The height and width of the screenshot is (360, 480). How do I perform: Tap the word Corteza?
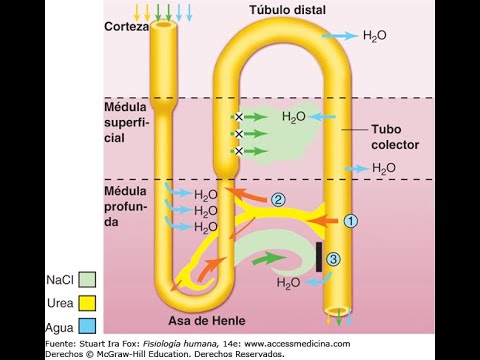(x=126, y=27)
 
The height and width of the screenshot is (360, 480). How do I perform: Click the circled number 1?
(x=349, y=219)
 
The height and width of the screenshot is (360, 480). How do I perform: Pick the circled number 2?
(x=278, y=199)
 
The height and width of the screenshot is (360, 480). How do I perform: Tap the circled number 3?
(x=334, y=259)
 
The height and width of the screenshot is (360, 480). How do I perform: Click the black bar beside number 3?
(x=319, y=257)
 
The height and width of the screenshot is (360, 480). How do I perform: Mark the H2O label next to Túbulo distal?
(x=375, y=35)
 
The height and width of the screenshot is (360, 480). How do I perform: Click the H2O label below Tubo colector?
(x=385, y=168)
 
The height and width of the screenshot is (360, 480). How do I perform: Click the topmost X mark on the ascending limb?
(x=239, y=117)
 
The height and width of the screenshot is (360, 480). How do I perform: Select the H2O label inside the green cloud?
(x=294, y=117)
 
